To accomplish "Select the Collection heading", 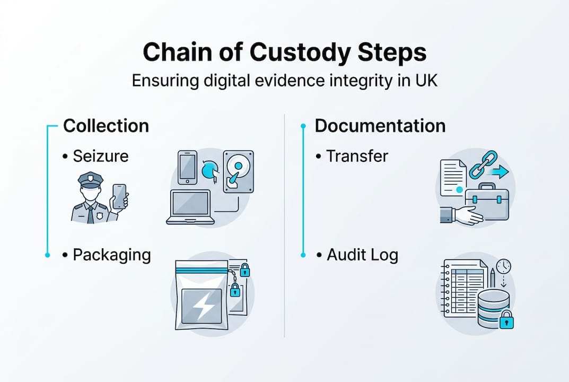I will coord(106,126).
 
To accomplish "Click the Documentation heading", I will coord(380,126).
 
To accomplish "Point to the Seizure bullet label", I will coord(100,157).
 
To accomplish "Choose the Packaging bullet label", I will coord(111,255).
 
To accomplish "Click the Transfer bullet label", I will coord(357,156).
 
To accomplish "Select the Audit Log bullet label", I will coord(362,255).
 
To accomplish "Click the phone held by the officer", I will coord(119,196).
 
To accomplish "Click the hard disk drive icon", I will coord(239,171).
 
